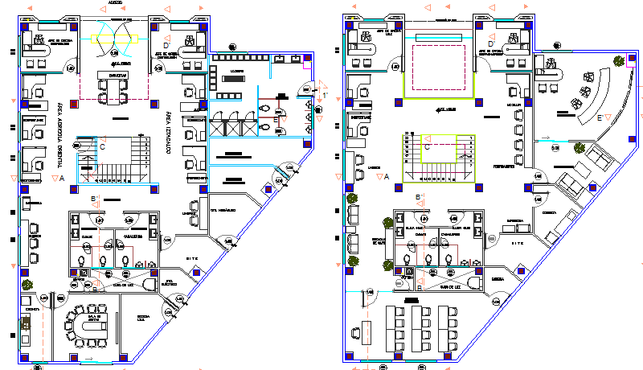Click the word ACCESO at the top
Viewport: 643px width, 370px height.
point(116,3)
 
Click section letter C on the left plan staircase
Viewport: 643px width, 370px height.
point(102,146)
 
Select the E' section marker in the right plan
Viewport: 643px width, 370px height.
point(600,117)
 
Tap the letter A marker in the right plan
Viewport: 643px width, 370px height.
point(387,175)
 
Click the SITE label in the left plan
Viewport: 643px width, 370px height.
point(191,257)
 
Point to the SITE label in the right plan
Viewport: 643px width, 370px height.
point(518,242)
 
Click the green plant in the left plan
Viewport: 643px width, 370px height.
point(29,284)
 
